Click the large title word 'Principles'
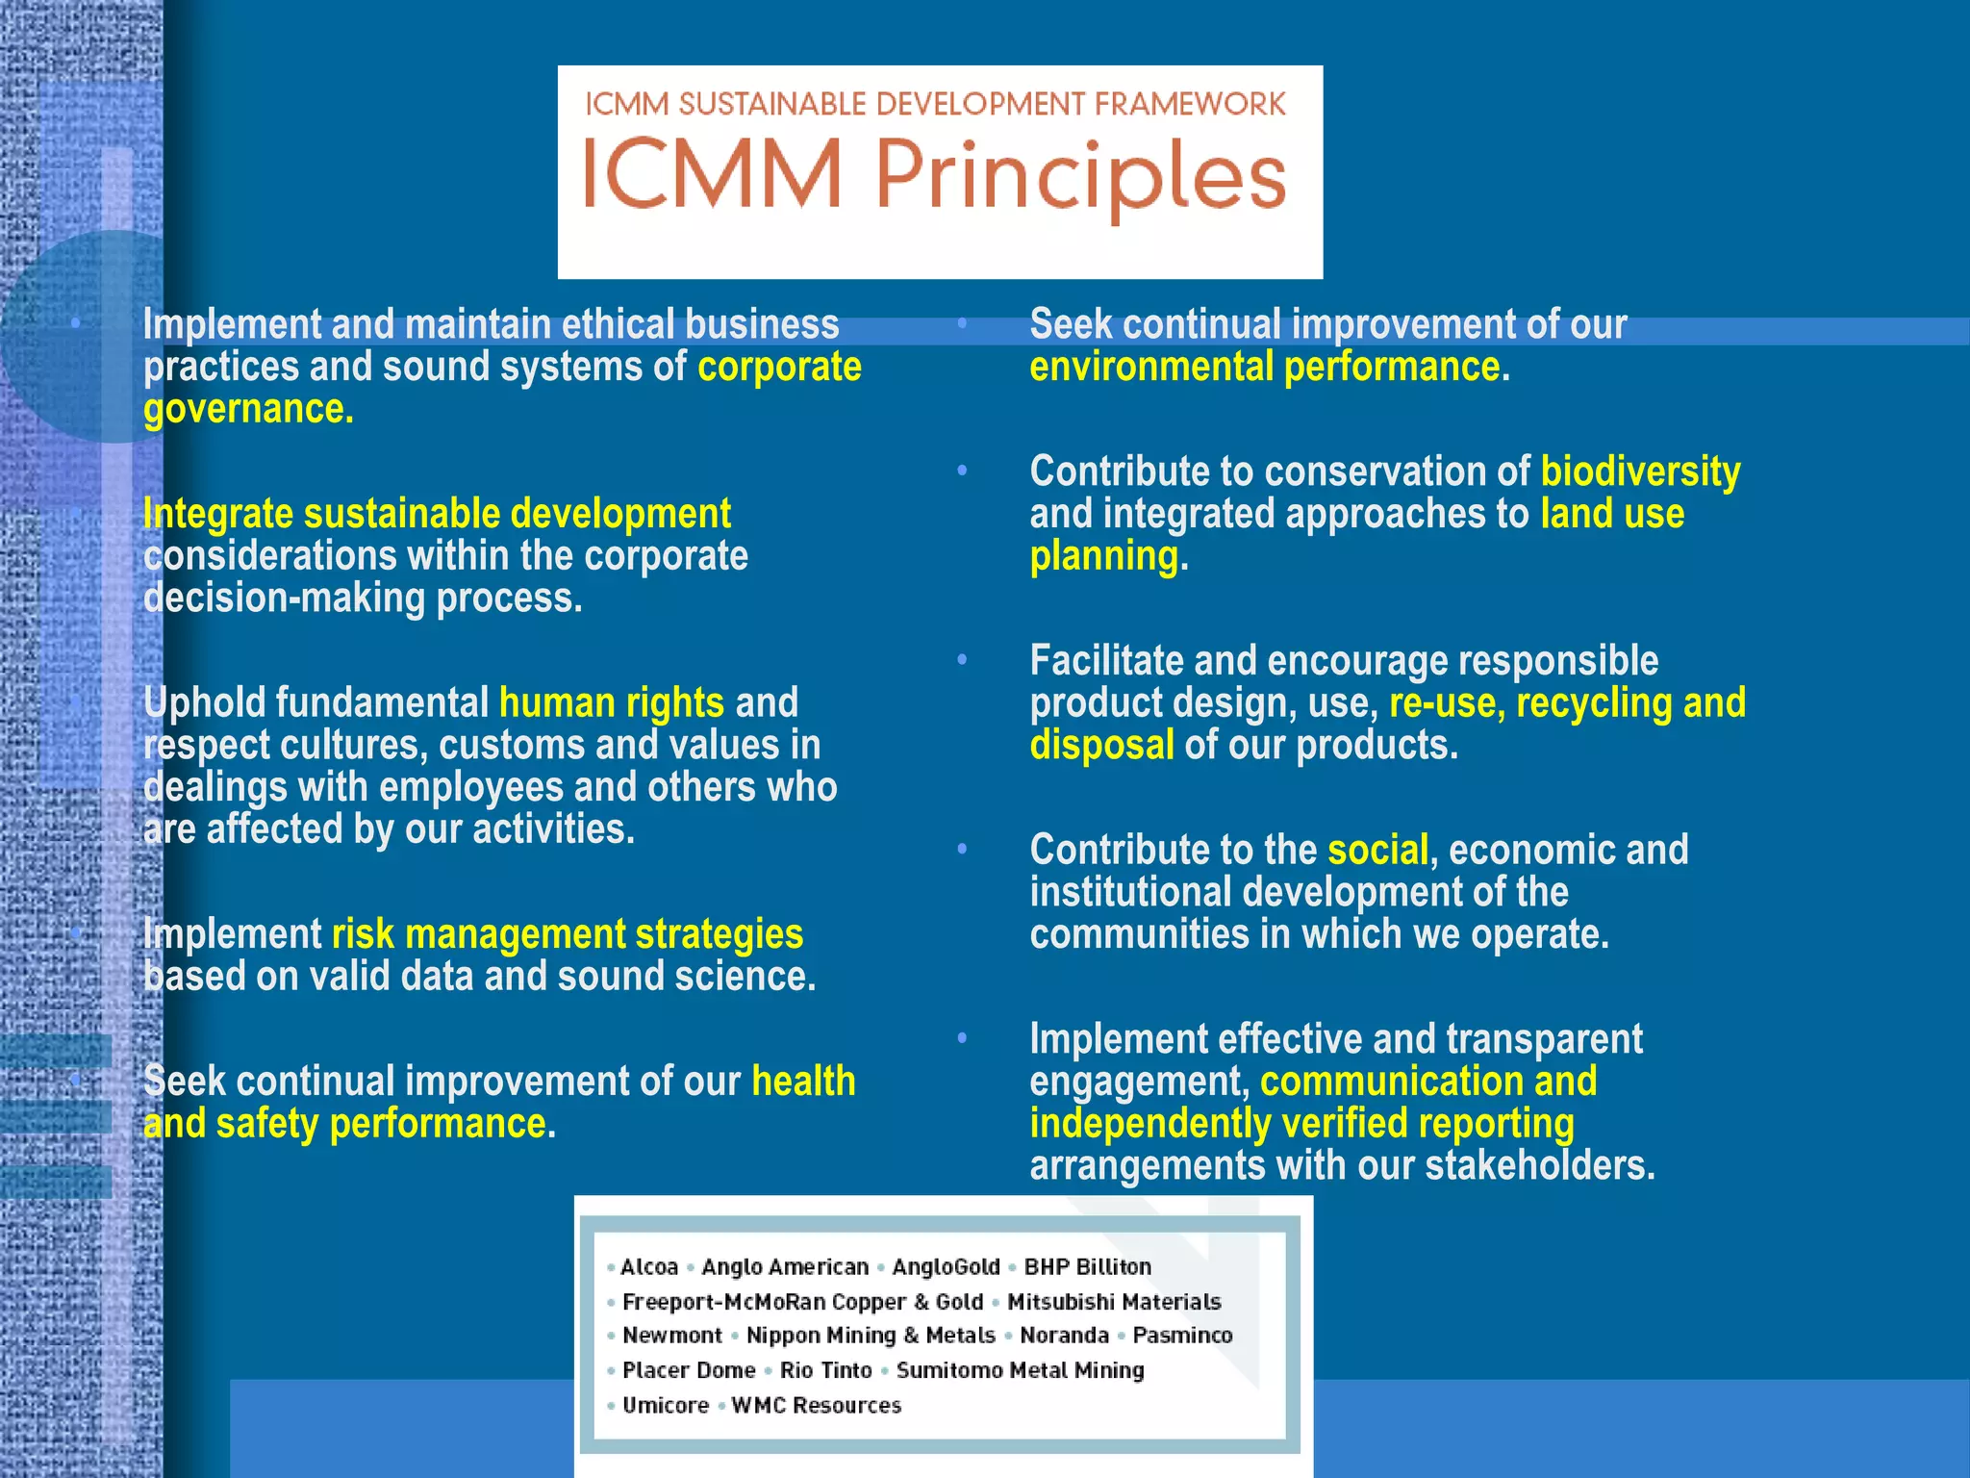point(1080,176)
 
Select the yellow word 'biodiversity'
point(1640,471)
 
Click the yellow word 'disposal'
point(1101,745)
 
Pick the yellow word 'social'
point(1377,850)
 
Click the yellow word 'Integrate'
point(217,514)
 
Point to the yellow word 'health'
point(803,1081)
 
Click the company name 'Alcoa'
point(649,1267)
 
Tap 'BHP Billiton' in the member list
point(1087,1267)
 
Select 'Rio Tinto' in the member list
point(825,1370)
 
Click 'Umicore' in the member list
point(666,1406)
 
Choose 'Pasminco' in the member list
point(1182,1336)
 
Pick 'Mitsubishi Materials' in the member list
point(1114,1302)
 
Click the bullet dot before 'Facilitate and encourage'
point(962,660)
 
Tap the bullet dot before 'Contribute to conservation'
point(962,471)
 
